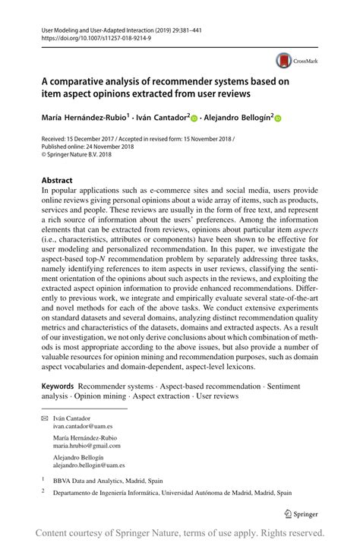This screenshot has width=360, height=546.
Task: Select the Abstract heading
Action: [57, 181]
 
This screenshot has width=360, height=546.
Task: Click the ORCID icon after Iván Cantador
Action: [194, 118]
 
